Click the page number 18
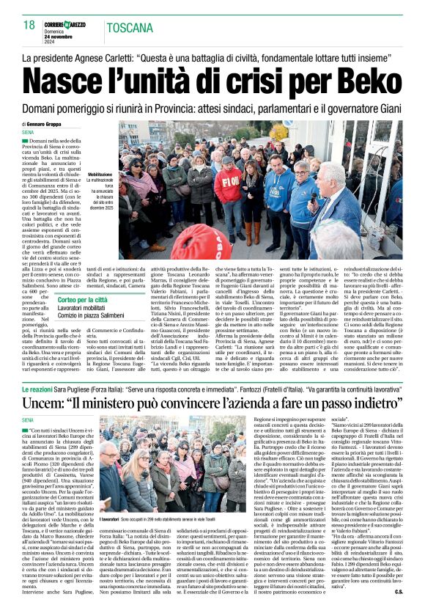click(x=29, y=26)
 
